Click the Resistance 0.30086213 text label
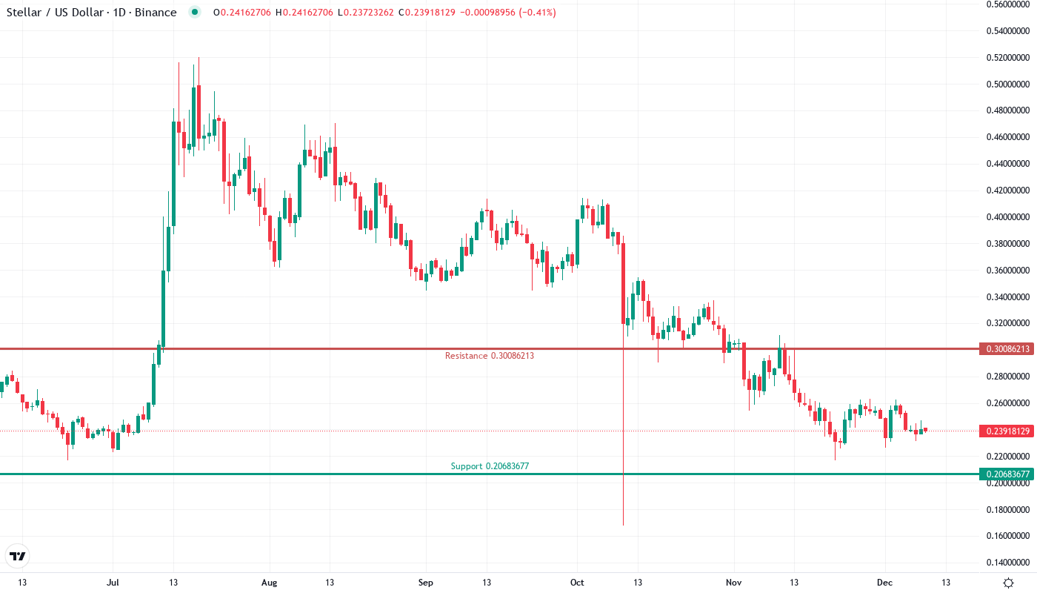(x=489, y=356)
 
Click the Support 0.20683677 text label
(x=490, y=466)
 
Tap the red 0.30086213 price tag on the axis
(x=1004, y=348)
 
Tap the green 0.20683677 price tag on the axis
(x=1004, y=474)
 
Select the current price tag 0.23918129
(x=1004, y=431)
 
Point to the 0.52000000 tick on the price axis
(x=1007, y=58)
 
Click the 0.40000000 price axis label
(x=1007, y=217)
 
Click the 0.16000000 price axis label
(x=1007, y=536)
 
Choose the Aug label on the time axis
(x=269, y=583)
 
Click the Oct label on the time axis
(x=577, y=583)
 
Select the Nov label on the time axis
(x=733, y=583)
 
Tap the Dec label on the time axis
(x=886, y=583)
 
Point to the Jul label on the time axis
(x=113, y=583)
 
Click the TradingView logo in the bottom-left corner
(x=18, y=556)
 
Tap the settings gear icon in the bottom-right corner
(x=1008, y=583)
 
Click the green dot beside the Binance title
(x=194, y=13)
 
